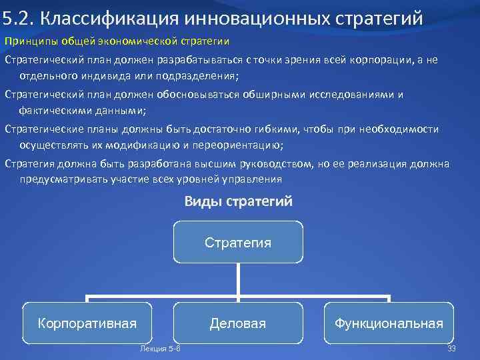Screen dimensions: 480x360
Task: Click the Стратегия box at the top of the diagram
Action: tap(238, 242)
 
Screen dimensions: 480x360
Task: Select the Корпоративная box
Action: tap(87, 323)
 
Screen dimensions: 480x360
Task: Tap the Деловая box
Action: tap(238, 323)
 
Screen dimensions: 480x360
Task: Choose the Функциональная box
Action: tap(389, 323)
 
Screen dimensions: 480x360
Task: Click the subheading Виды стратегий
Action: tap(238, 201)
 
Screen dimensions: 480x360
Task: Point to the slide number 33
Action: tap(451, 349)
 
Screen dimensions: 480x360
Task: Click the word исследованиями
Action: tap(351, 94)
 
